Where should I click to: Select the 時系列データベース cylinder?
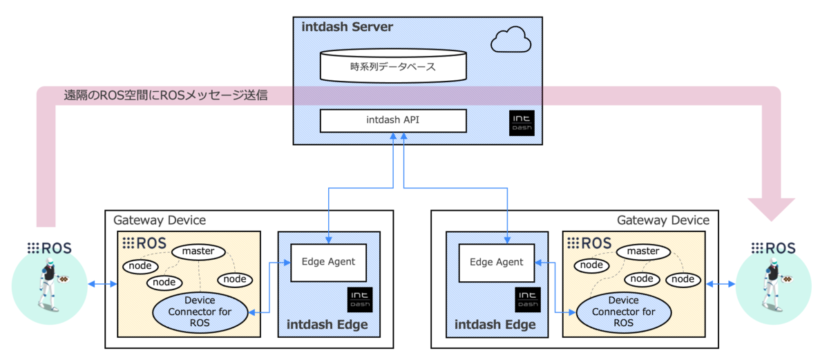pyautogui.click(x=392, y=67)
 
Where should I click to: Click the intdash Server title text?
pyautogui.click(x=347, y=27)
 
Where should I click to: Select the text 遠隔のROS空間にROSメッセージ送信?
pyautogui.click(x=165, y=95)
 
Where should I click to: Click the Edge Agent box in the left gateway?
pyautogui.click(x=328, y=262)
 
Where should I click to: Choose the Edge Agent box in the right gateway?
pyautogui.click(x=497, y=263)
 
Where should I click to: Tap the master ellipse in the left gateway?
pyautogui.click(x=198, y=252)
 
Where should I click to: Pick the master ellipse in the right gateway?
pyautogui.click(x=642, y=252)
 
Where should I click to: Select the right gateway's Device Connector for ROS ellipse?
pyautogui.click(x=624, y=312)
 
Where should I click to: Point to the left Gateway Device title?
pyautogui.click(x=159, y=220)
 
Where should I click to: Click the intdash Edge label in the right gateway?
pyautogui.click(x=495, y=325)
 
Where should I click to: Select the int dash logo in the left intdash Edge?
pyautogui.click(x=361, y=299)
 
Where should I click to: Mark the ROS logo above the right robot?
pyautogui.click(x=773, y=247)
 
